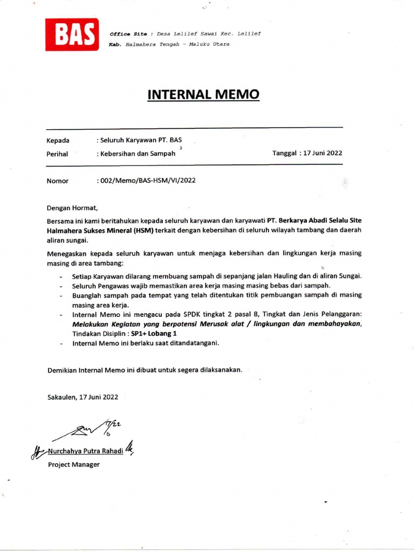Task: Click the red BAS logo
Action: (72, 34)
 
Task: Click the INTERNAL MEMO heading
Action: (203, 95)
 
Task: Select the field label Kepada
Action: (58, 141)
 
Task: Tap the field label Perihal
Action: (58, 154)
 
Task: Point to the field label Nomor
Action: (58, 181)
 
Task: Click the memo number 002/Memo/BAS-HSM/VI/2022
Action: (147, 181)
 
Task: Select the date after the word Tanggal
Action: (323, 153)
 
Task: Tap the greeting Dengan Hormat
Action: (72, 207)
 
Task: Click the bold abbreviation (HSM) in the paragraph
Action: (143, 230)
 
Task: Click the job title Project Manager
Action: (74, 464)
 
